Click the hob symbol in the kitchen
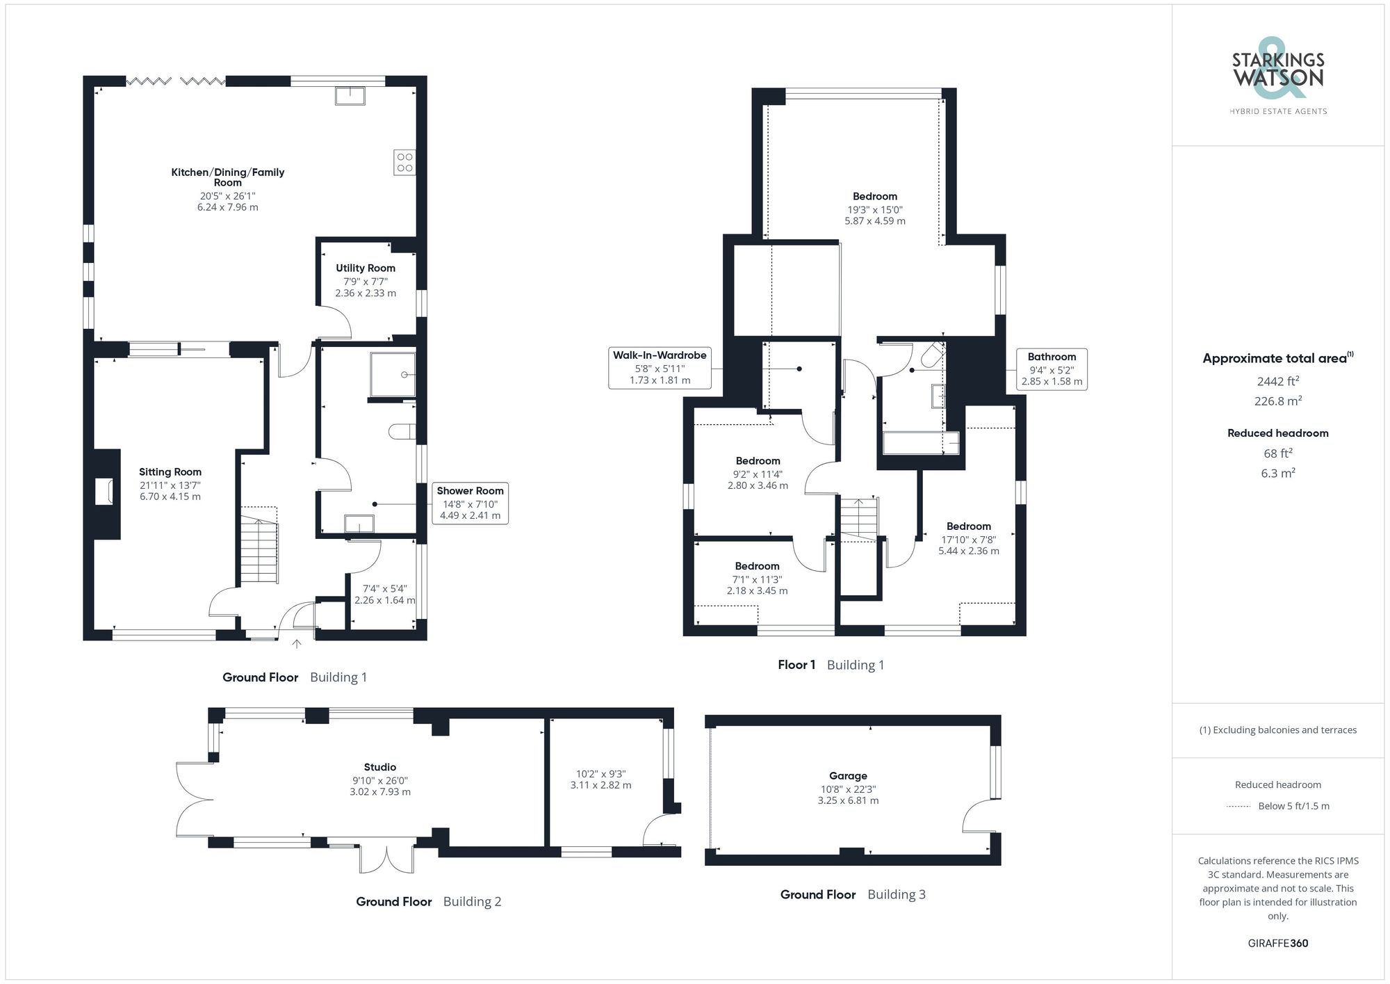pos(404,162)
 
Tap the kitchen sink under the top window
pos(350,95)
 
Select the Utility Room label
pos(366,268)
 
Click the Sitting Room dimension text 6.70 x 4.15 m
pos(170,497)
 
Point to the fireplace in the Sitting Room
pos(104,492)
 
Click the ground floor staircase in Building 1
pos(259,549)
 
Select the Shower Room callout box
pos(470,503)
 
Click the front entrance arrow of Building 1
pos(297,644)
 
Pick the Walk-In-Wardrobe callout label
pos(660,367)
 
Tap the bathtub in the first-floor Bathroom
pos(920,443)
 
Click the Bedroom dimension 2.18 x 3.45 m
pos(757,590)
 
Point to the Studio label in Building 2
pos(380,767)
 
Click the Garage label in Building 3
pos(848,775)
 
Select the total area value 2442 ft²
pos(1277,381)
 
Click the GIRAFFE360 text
pos(1277,943)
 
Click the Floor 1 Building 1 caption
pos(831,665)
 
